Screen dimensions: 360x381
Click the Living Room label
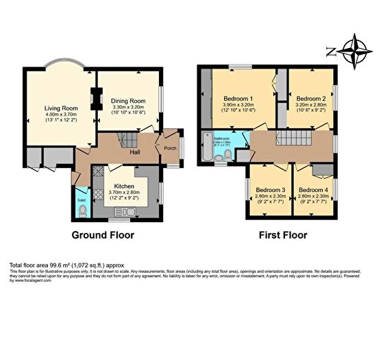(x=60, y=108)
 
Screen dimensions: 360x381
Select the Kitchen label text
(x=124, y=186)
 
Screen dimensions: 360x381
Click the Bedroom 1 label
(x=238, y=98)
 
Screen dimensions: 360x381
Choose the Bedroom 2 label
(x=310, y=98)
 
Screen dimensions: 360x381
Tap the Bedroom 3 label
(x=270, y=190)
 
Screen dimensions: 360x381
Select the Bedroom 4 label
(x=313, y=190)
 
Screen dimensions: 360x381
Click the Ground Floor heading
(x=103, y=235)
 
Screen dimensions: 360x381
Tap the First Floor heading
(x=282, y=235)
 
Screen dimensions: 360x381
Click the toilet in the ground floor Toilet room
(x=82, y=212)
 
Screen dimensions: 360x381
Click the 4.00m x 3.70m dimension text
(x=60, y=116)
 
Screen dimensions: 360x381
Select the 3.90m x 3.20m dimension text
(x=238, y=106)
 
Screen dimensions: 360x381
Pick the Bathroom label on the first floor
(x=221, y=139)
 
